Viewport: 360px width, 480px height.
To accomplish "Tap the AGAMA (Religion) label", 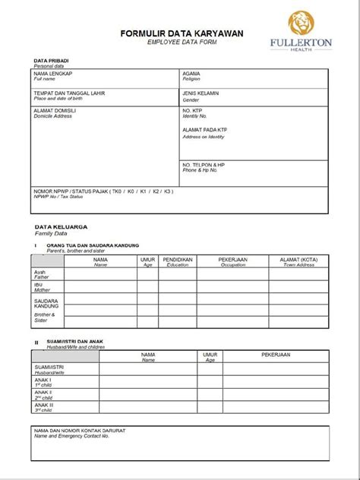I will click(x=191, y=74).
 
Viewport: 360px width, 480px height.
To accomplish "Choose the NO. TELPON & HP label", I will click(x=204, y=165).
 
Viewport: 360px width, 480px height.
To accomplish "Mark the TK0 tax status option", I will click(x=118, y=192).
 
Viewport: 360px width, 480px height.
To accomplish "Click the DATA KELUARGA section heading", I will click(x=61, y=227).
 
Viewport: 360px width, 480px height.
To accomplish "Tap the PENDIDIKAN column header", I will click(x=177, y=260).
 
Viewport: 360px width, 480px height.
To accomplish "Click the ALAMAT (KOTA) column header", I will click(x=298, y=260).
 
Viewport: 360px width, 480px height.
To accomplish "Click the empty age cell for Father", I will click(x=147, y=275).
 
